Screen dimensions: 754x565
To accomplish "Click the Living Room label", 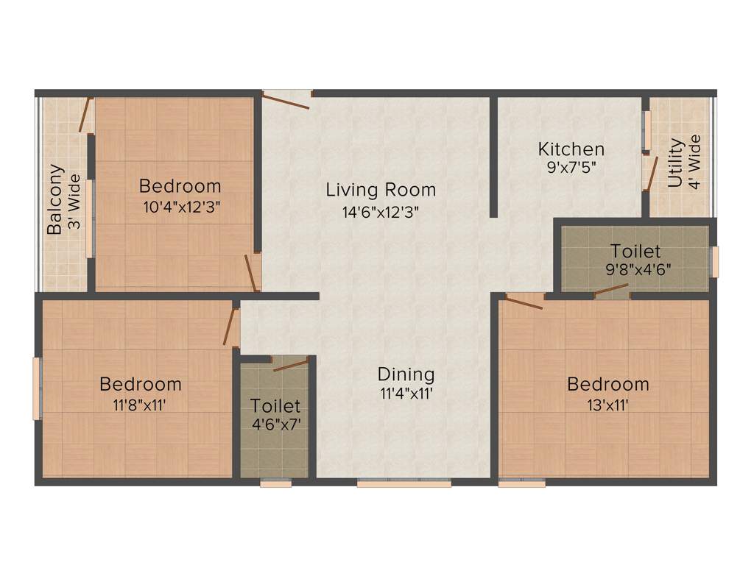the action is pos(381,190).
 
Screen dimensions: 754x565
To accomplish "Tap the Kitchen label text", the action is pos(571,149).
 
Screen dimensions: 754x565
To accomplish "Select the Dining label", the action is pos(406,374).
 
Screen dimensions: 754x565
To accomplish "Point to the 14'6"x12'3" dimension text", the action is pos(381,212).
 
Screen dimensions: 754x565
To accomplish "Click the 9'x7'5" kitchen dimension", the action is pos(571,168).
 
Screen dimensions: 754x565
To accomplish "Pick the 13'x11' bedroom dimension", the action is pos(607,405).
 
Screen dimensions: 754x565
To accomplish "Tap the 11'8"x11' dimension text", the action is pos(139,405).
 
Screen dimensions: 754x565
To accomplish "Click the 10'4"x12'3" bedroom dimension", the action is pos(182,207).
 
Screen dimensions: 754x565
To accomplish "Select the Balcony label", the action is pos(54,199).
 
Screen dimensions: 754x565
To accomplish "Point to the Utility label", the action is pos(675,163).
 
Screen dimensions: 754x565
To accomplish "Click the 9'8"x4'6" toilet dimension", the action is pos(638,269).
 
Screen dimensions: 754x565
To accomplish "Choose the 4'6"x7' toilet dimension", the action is pos(276,424).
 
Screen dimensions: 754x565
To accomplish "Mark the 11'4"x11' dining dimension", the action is pos(406,394).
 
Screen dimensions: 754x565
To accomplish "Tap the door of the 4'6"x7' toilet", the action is pos(291,365).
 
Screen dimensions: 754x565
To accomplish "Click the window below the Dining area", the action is pos(404,483).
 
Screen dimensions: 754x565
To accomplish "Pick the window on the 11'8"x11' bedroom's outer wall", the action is pos(37,388).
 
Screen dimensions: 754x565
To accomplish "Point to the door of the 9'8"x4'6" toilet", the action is pos(610,291).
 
